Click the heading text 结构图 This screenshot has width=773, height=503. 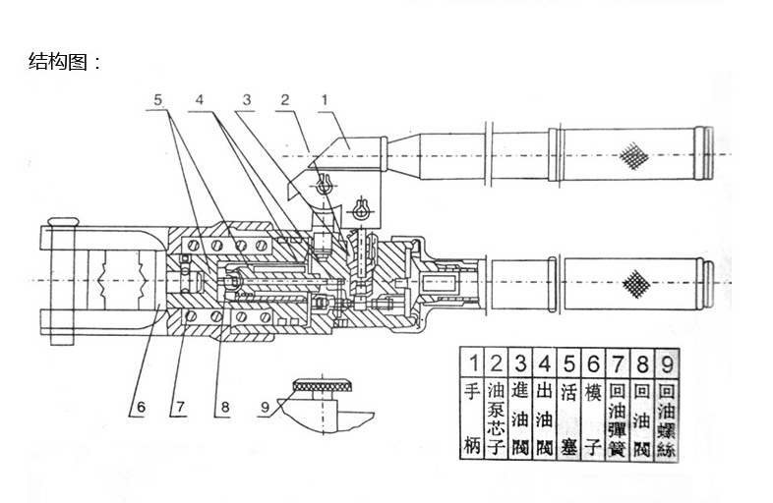click(x=65, y=62)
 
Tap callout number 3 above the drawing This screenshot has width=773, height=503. click(x=247, y=99)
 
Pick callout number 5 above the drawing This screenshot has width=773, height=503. click(x=159, y=99)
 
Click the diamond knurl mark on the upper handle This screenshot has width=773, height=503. click(x=631, y=152)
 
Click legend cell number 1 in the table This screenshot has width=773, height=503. click(x=473, y=361)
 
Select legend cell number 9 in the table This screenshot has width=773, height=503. click(x=670, y=361)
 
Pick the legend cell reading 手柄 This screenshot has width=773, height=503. click(x=473, y=418)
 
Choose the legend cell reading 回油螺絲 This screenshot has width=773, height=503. click(x=670, y=418)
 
